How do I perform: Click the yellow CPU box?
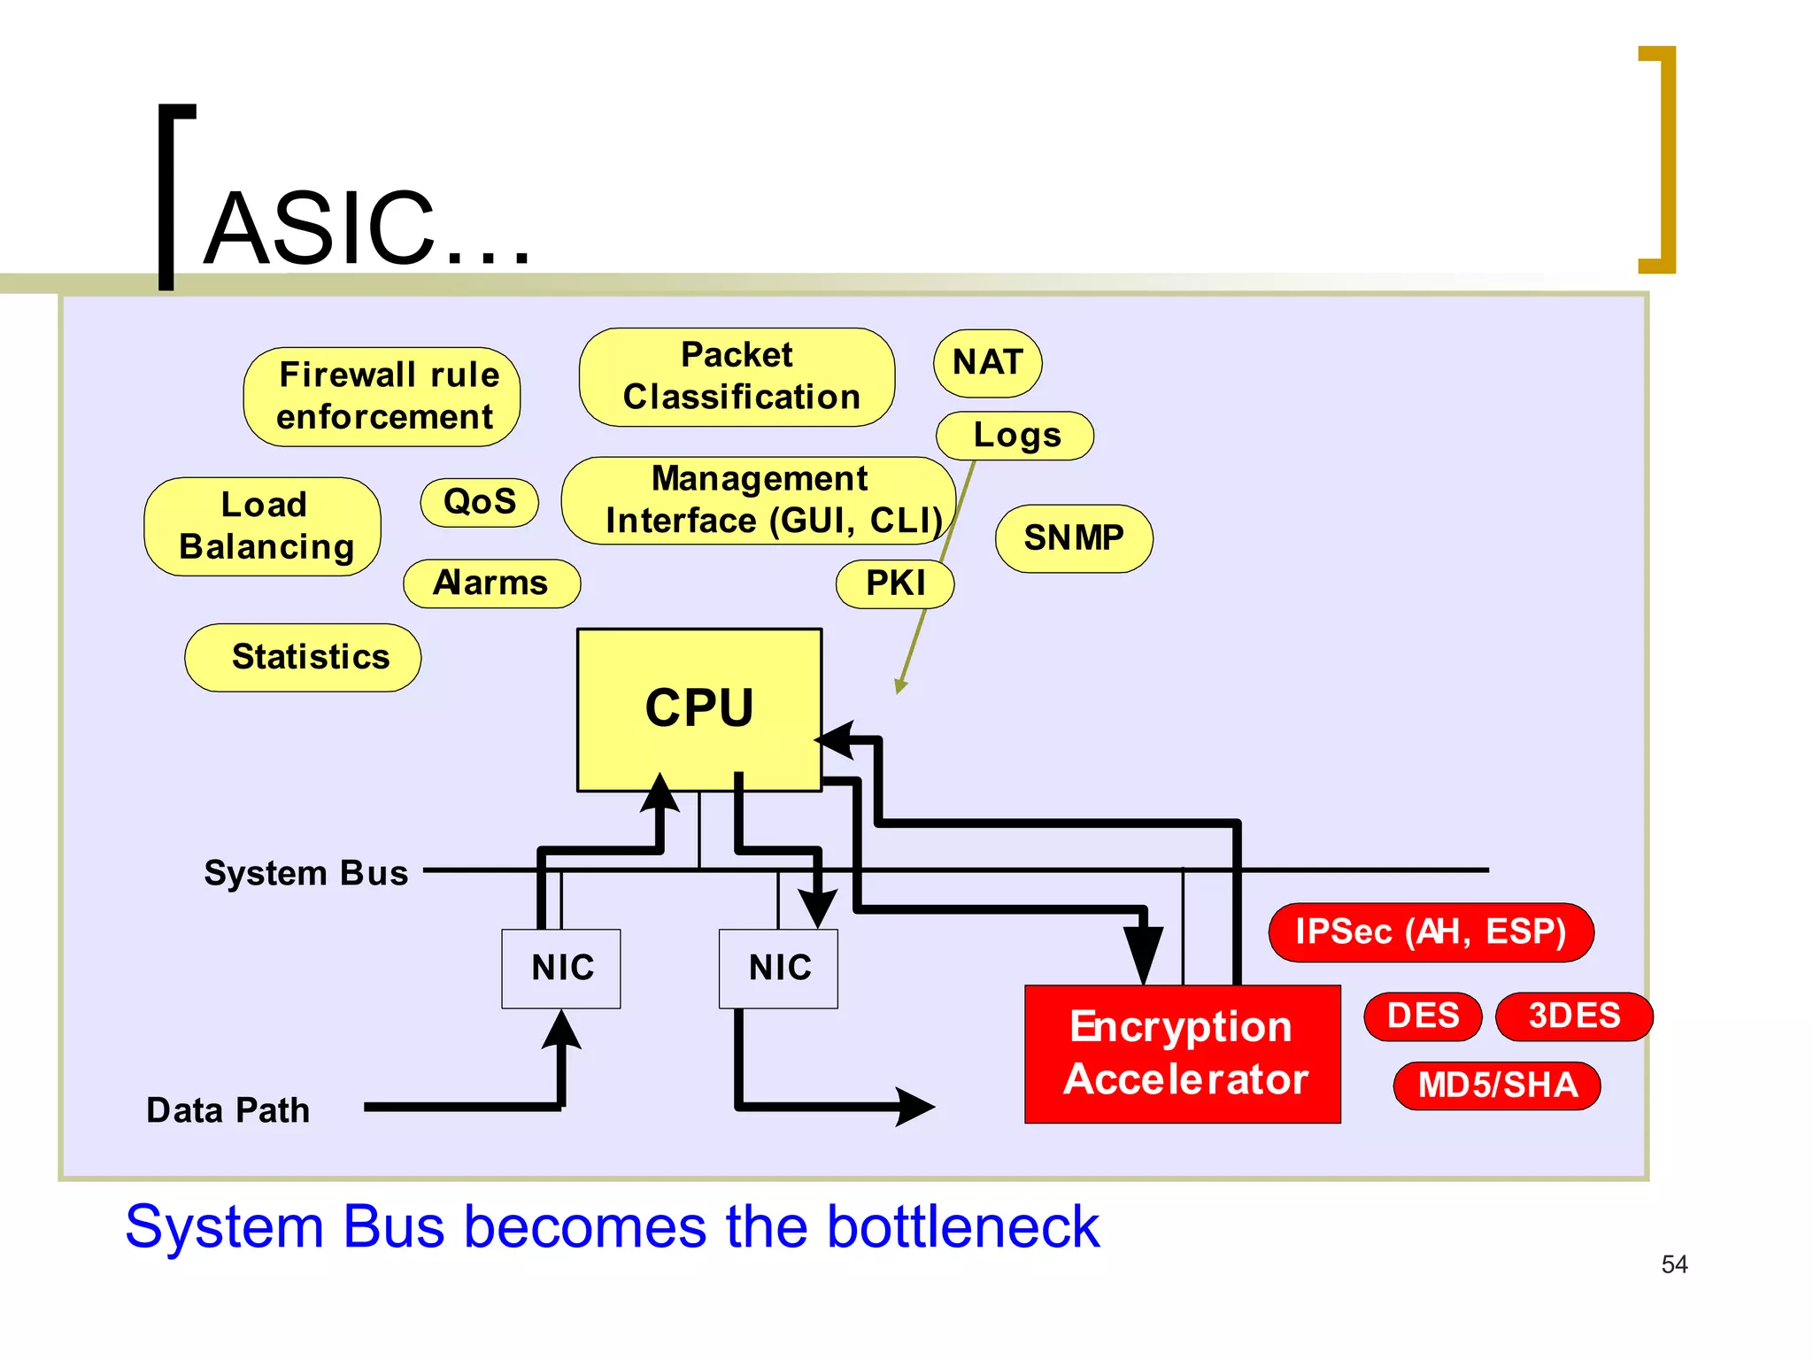698,708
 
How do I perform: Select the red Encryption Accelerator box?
1182,1054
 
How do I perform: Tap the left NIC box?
561,968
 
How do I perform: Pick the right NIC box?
778,968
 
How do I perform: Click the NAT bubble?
987,363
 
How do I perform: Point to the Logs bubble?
1015,436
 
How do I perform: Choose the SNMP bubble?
1073,538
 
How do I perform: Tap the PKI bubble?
895,583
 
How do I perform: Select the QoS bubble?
479,502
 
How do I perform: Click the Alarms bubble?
491,583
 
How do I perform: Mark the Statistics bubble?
304,657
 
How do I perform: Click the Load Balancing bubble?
263,526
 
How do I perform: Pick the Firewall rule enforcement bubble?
382,396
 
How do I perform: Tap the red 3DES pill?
1573,1016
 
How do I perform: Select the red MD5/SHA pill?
1497,1086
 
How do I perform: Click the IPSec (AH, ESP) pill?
1431,931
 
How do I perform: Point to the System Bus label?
306,873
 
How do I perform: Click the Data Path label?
228,1110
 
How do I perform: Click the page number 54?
1674,1264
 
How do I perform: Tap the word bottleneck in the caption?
962,1227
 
